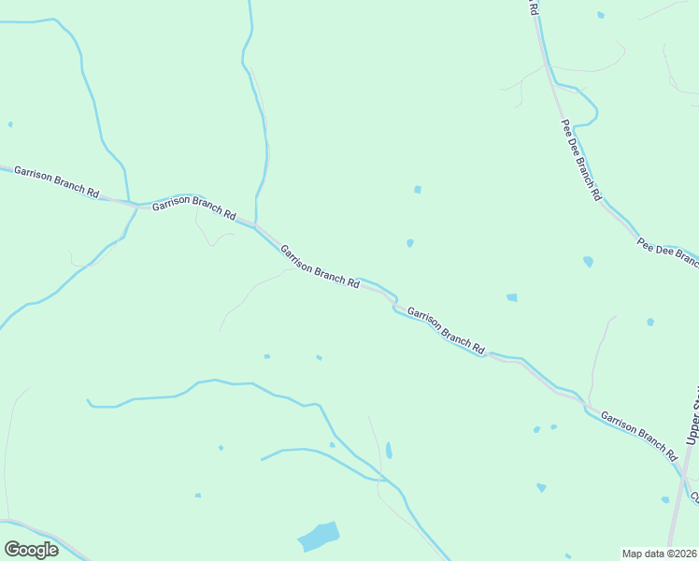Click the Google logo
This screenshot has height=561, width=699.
[31, 550]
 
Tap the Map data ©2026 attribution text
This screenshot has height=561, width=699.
[659, 554]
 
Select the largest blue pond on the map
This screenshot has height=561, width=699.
[318, 537]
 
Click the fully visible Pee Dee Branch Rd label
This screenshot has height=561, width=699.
[580, 160]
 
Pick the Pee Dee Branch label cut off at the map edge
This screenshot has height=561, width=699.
[668, 250]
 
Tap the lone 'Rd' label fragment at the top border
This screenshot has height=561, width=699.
[534, 7]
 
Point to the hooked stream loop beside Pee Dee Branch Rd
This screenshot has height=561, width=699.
[589, 108]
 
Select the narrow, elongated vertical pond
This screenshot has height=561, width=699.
[389, 450]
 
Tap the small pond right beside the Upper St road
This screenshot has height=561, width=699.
[666, 499]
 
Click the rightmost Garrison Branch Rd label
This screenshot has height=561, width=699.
[638, 437]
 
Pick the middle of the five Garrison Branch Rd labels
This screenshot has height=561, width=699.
[320, 266]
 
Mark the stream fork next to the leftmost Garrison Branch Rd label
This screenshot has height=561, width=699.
[130, 201]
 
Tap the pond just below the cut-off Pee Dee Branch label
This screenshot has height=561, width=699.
[588, 262]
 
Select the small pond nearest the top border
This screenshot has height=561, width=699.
[600, 15]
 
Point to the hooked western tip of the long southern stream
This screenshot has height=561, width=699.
[90, 402]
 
